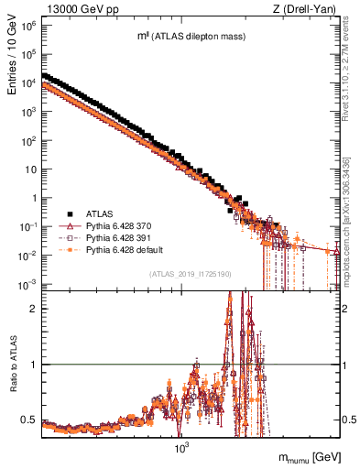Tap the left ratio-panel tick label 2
point(34,308)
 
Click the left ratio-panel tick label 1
point(34,365)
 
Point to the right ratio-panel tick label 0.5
point(348,420)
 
